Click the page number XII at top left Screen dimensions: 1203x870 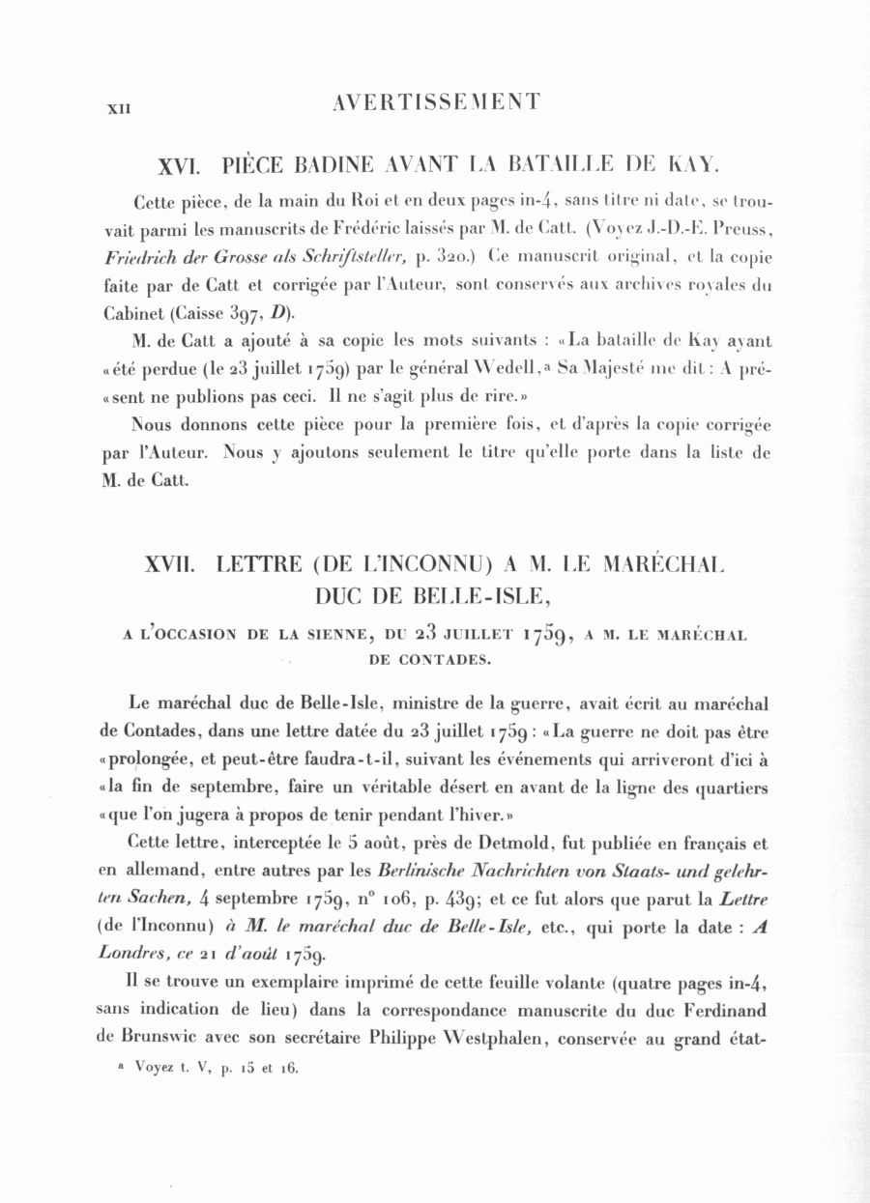point(118,109)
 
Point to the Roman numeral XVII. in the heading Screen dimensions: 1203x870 point(168,563)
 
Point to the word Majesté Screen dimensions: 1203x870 point(652,369)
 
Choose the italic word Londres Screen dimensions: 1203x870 point(131,953)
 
